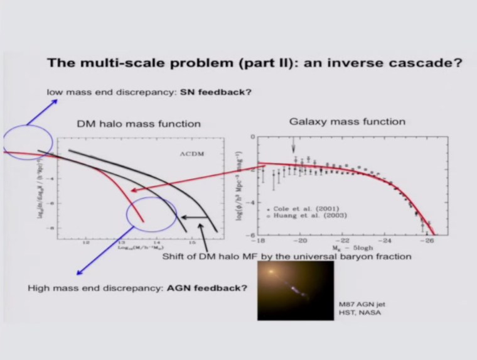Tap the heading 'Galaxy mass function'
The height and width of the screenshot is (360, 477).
[x=347, y=121]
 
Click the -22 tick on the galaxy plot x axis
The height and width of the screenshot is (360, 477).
[x=343, y=241]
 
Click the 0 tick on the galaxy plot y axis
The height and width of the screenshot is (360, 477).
[x=252, y=136]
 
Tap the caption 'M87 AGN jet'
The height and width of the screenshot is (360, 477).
[x=358, y=304]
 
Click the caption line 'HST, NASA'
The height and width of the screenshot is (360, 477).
[x=356, y=313]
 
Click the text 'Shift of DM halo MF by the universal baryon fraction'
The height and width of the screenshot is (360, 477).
[x=286, y=256]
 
